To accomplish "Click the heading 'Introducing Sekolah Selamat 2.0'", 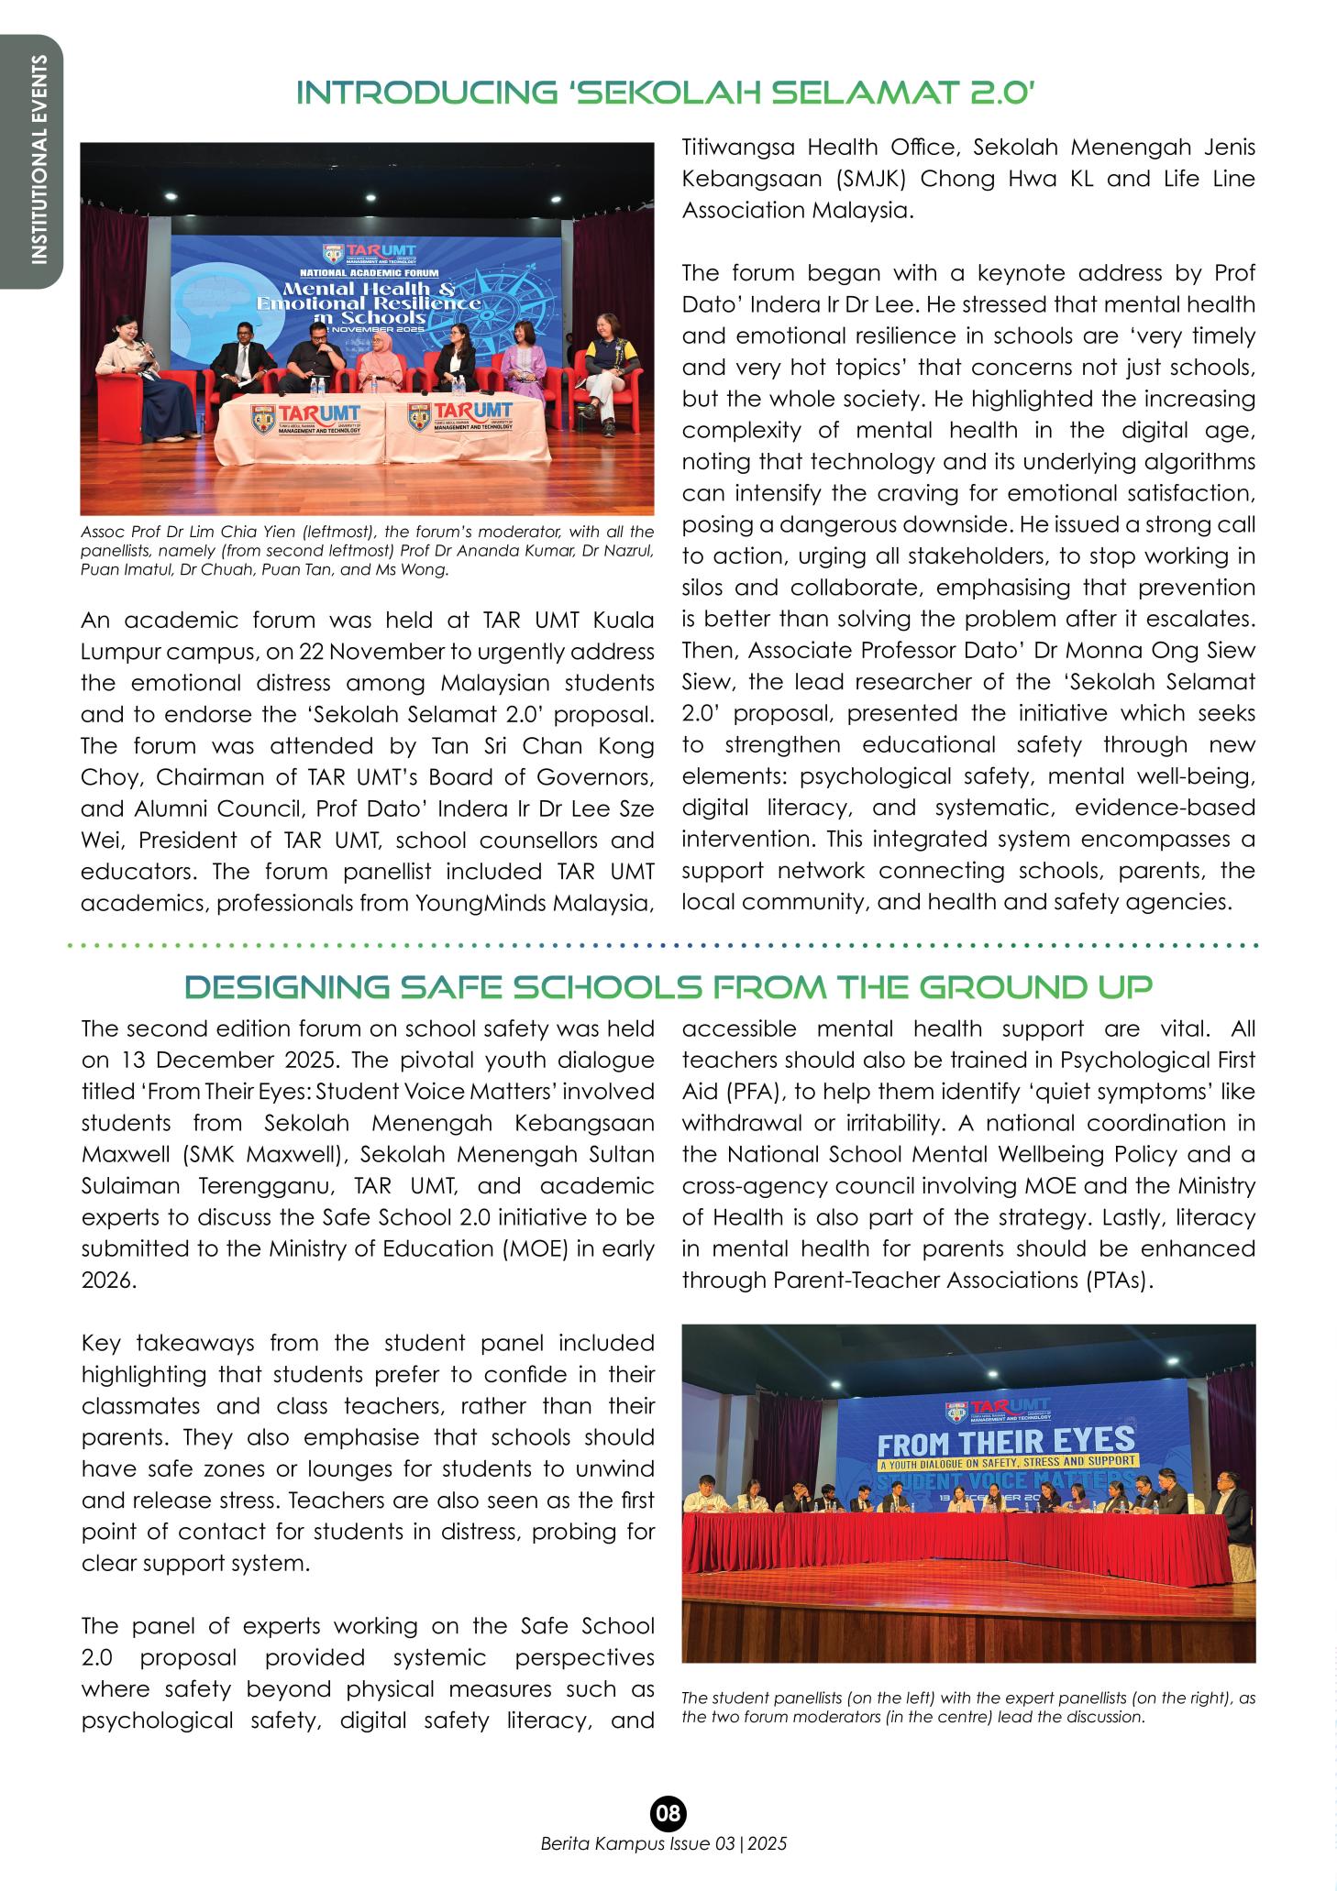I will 668,93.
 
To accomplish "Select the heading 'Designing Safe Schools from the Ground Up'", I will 668,987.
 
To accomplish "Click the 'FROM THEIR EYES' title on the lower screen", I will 1007,1443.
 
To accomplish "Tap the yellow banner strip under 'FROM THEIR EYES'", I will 1007,1461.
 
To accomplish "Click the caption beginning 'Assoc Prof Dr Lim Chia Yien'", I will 367,551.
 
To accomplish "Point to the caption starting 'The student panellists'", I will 968,1707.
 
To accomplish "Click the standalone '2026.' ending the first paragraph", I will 108,1281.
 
